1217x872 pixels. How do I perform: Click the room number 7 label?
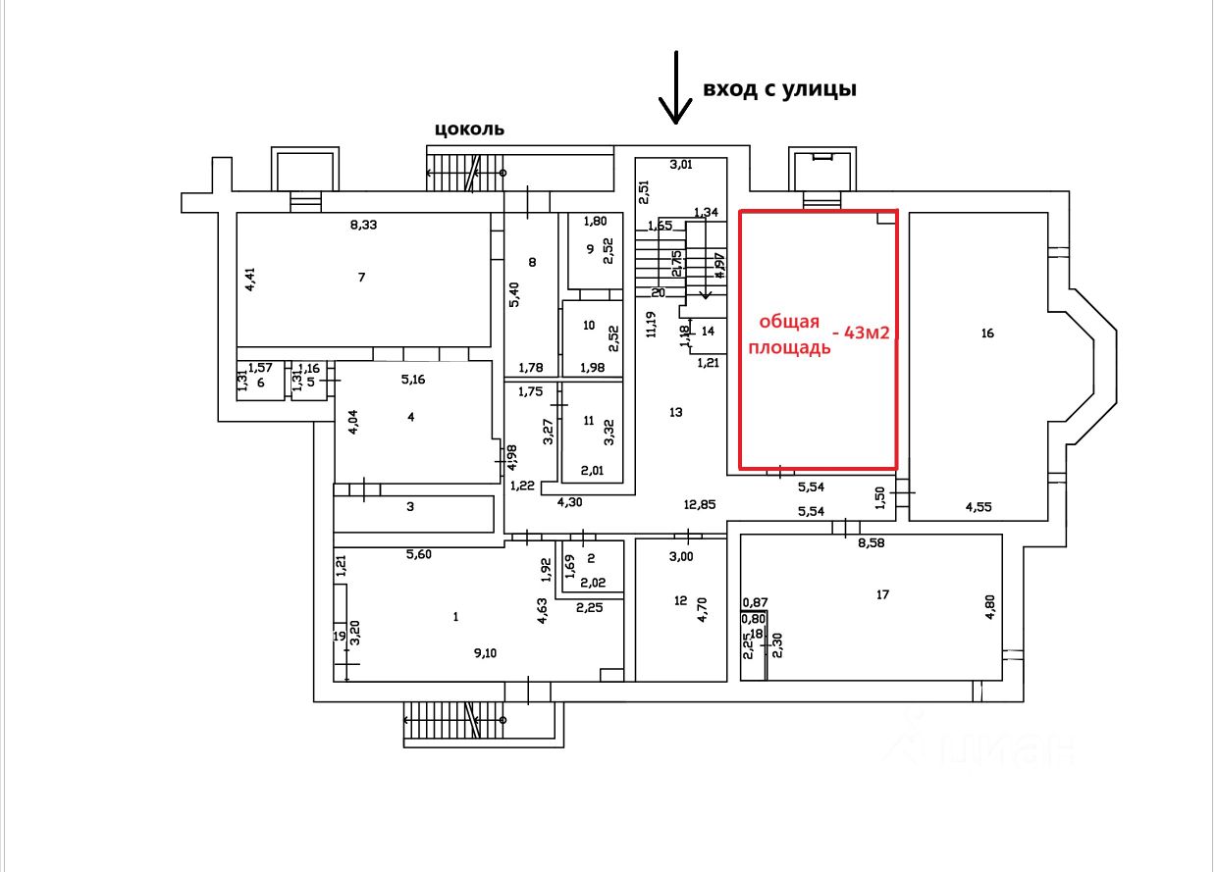pyautogui.click(x=361, y=278)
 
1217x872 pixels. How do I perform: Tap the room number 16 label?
pyautogui.click(x=987, y=333)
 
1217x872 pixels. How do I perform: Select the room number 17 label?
pyautogui.click(x=882, y=593)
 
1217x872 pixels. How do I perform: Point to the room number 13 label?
pyautogui.click(x=675, y=413)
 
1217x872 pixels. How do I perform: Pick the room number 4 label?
pyautogui.click(x=411, y=417)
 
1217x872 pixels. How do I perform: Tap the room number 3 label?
pyautogui.click(x=410, y=507)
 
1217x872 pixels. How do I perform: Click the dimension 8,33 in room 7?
pyautogui.click(x=365, y=225)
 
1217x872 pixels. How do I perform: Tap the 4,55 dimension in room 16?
pyautogui.click(x=979, y=508)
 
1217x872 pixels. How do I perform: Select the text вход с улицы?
pyautogui.click(x=779, y=89)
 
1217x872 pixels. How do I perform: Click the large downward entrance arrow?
pyautogui.click(x=675, y=88)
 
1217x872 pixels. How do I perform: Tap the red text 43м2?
pyautogui.click(x=861, y=334)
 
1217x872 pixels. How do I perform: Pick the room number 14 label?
pyautogui.click(x=708, y=332)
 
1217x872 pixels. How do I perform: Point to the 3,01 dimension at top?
pyautogui.click(x=681, y=164)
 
